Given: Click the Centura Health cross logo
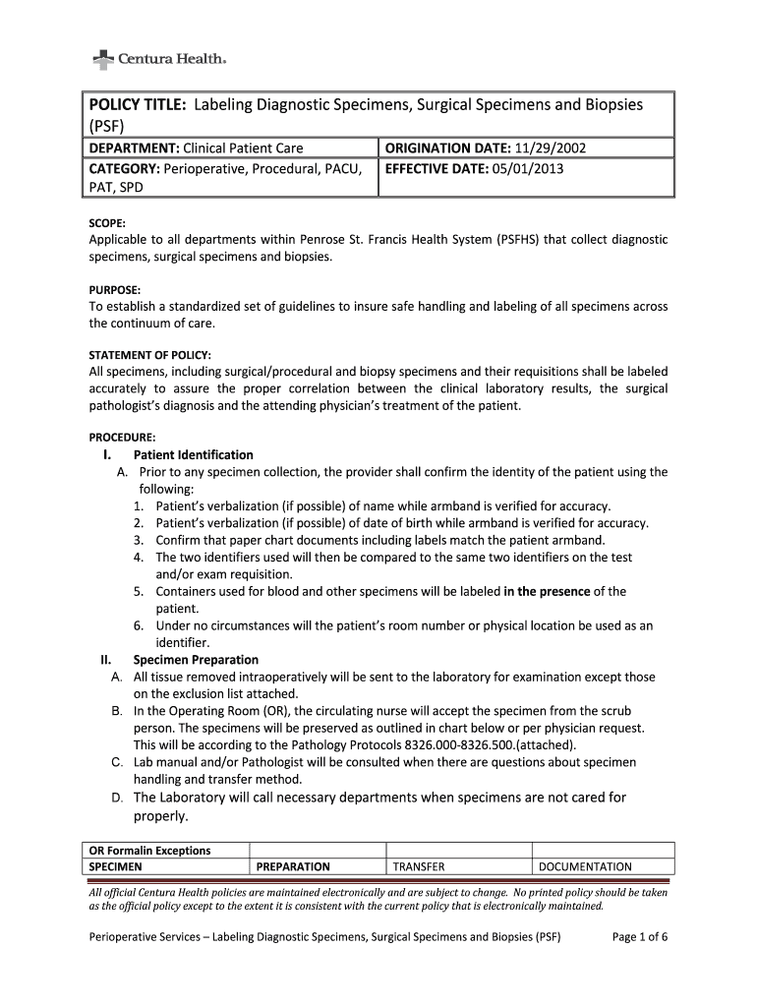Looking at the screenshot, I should click(102, 61).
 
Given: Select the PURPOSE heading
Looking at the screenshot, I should click(115, 290).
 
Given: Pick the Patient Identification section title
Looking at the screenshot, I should click(193, 455).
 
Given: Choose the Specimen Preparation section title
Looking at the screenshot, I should click(196, 660).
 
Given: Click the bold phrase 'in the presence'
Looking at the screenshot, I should click(547, 591).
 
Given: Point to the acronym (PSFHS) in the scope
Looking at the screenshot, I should click(526, 239).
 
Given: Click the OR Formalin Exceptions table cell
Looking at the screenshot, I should click(150, 851).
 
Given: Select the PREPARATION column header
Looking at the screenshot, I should click(293, 866).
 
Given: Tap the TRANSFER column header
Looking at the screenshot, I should click(419, 866).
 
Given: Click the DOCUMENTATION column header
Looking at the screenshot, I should click(586, 866).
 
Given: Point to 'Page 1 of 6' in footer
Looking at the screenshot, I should click(640, 937).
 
